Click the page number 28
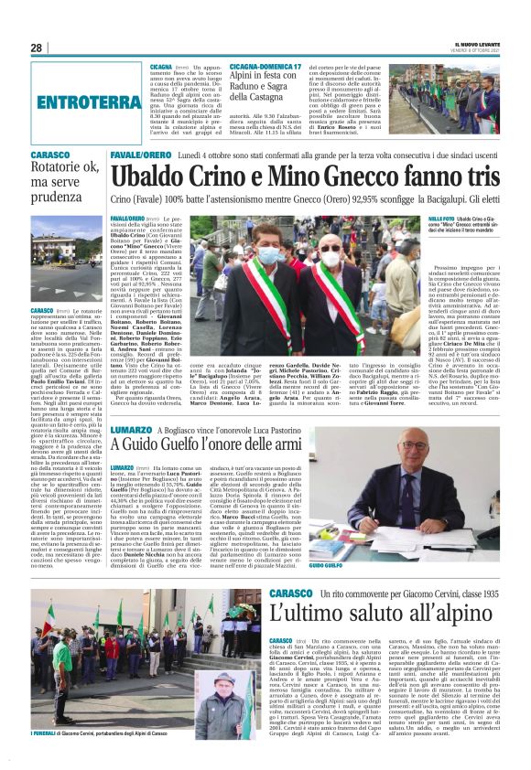[37, 48]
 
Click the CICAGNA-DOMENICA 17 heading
[265, 67]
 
